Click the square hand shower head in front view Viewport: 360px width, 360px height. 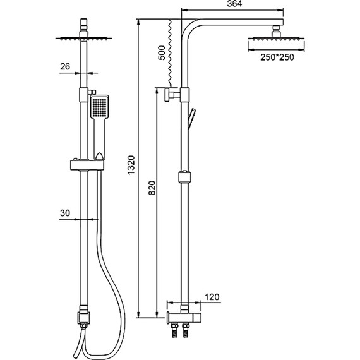[99, 108]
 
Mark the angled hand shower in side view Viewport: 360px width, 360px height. [194, 117]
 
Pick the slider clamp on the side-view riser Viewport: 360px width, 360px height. [184, 176]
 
